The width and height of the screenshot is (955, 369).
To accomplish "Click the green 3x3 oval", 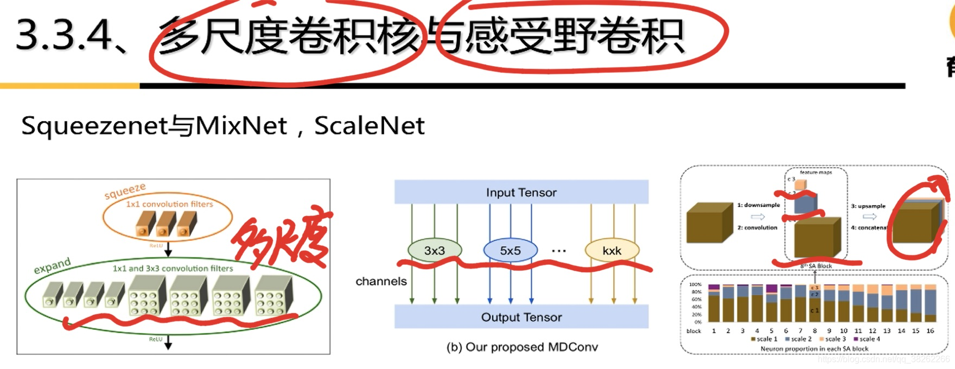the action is click(435, 250).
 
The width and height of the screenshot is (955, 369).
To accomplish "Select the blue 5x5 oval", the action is click(510, 251).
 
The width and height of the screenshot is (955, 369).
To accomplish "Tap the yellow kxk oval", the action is click(612, 251).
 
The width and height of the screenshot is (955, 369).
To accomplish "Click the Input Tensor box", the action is click(521, 192).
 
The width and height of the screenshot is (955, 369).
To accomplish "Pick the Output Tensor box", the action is click(521, 317).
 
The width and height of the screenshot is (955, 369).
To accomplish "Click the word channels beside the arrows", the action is click(381, 281).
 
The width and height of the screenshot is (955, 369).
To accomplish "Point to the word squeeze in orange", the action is click(125, 191).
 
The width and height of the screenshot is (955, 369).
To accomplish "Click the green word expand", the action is click(52, 266).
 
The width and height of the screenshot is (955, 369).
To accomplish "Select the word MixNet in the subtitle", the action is click(241, 126).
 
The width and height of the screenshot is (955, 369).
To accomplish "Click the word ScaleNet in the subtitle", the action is click(369, 126).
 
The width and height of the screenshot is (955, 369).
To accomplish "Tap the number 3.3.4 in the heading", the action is click(63, 36).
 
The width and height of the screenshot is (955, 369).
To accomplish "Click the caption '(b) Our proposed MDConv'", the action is click(522, 347).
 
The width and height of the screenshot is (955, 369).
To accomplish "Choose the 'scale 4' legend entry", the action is click(867, 339).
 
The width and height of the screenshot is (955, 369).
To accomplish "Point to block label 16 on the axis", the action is click(930, 330).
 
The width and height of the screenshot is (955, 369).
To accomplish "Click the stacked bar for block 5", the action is click(772, 304).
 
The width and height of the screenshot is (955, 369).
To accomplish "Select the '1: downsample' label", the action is click(758, 205).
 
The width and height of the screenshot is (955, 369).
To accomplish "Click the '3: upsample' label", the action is click(868, 206).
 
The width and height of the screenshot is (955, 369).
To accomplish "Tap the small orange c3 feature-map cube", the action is click(801, 185).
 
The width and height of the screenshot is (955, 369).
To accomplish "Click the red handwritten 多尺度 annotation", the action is click(282, 239).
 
